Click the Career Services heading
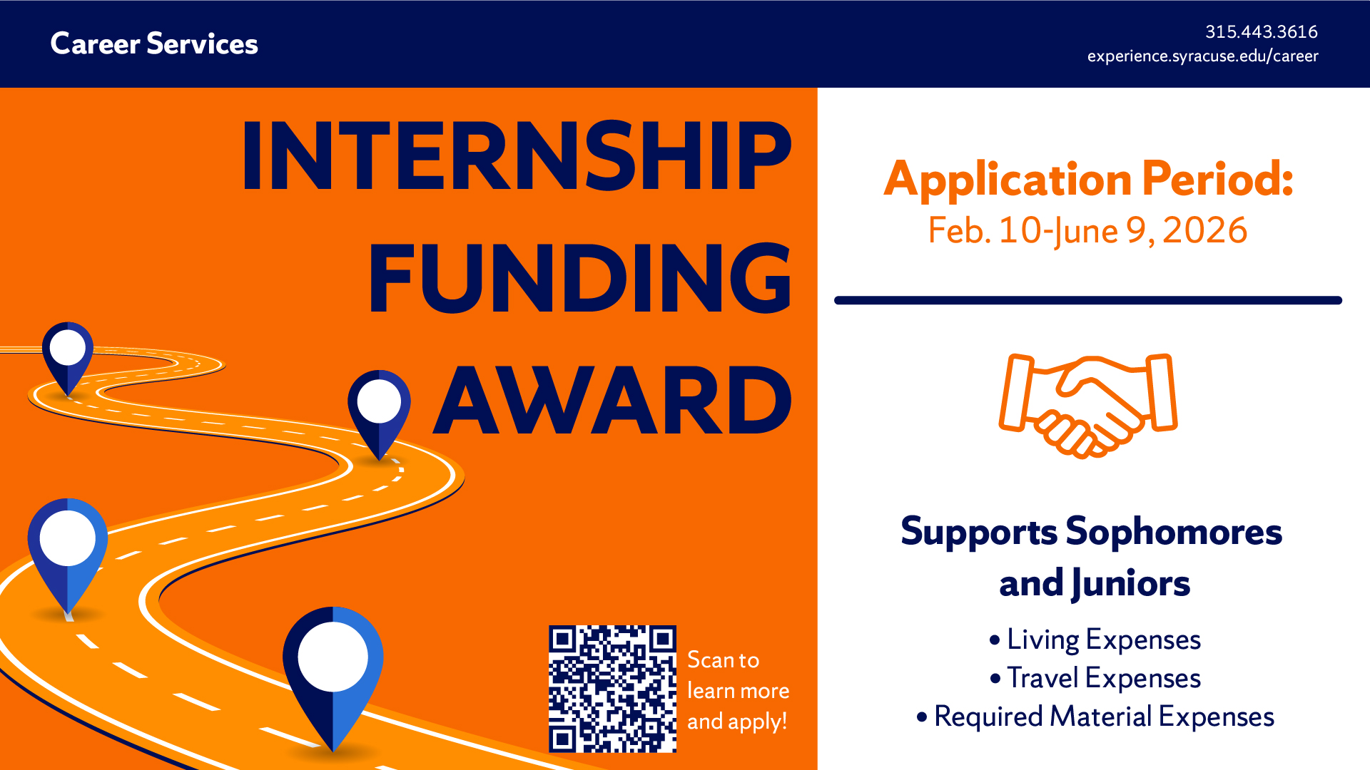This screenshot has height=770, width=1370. click(x=154, y=43)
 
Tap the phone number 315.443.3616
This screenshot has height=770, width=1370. click(x=1261, y=32)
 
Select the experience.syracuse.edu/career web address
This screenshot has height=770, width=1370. click(x=1202, y=56)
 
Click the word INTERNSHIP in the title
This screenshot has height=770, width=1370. click(x=517, y=155)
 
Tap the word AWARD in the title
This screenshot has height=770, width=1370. click(x=613, y=400)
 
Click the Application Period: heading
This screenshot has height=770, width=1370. click(x=1088, y=180)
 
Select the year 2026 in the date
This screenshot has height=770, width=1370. click(x=1204, y=230)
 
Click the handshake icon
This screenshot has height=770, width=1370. click(x=1088, y=406)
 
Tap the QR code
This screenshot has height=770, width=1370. click(x=612, y=689)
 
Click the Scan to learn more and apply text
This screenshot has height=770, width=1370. click(x=738, y=690)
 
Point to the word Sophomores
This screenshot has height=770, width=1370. click(x=1174, y=532)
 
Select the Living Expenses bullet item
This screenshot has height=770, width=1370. click(x=1095, y=640)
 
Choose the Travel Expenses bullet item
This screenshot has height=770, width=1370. click(x=1095, y=678)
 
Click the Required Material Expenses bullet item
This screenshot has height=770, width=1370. click(x=1095, y=717)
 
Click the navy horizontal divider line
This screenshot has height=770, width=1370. click(x=1088, y=300)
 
